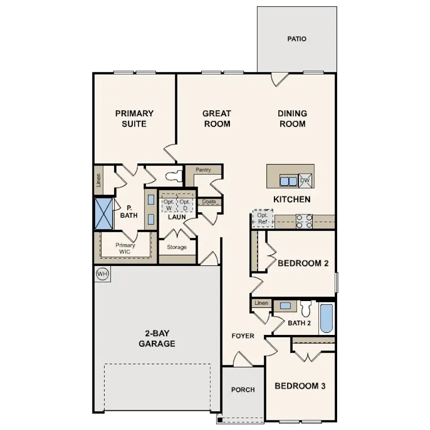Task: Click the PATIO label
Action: [x=297, y=39]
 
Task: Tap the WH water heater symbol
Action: [x=102, y=274]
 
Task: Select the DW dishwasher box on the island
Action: [x=305, y=180]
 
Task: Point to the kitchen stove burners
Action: [x=303, y=221]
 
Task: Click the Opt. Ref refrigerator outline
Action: [x=262, y=218]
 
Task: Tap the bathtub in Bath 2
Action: [x=326, y=319]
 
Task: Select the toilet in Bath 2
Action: [x=305, y=308]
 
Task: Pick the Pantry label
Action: [x=203, y=170]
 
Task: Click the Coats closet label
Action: [x=209, y=202]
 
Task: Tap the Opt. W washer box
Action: [x=169, y=205]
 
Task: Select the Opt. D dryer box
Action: [x=185, y=205]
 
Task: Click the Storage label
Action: [x=177, y=247]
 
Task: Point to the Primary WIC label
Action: [x=125, y=248]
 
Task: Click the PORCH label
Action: [x=243, y=390]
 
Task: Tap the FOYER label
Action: [x=243, y=336]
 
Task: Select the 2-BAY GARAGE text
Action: [x=157, y=339]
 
